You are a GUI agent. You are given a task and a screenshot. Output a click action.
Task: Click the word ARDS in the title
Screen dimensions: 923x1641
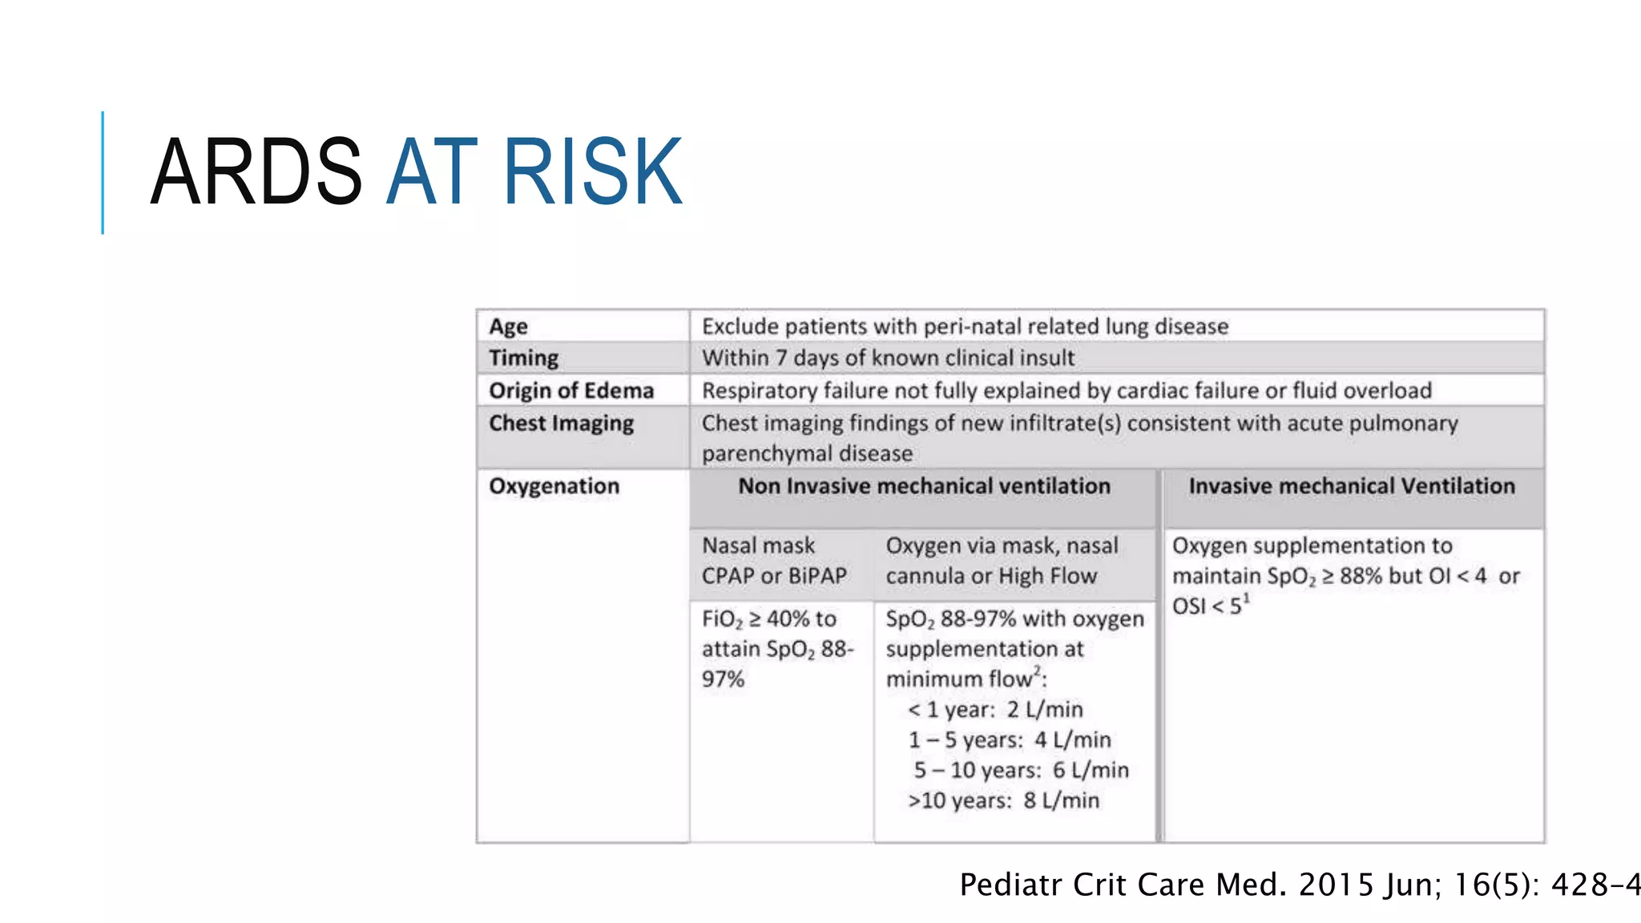pyautogui.click(x=256, y=171)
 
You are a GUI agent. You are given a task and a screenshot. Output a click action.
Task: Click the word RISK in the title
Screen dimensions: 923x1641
pyautogui.click(x=592, y=171)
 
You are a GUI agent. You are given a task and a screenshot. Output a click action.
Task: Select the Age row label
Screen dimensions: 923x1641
pyautogui.click(x=508, y=326)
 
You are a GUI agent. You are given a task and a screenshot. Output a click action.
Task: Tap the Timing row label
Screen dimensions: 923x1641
pyautogui.click(x=523, y=358)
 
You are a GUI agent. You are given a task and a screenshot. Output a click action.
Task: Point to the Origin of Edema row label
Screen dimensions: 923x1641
pyautogui.click(x=571, y=390)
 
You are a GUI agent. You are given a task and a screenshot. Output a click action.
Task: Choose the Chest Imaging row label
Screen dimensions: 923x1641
pyautogui.click(x=561, y=423)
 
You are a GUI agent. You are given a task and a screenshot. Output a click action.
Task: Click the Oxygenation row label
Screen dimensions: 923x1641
pyautogui.click(x=554, y=486)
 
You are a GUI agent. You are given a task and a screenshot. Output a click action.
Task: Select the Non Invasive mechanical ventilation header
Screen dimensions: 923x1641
pyautogui.click(x=924, y=486)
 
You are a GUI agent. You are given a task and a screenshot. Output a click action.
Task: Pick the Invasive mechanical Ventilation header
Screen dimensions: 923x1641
pyautogui.click(x=1352, y=486)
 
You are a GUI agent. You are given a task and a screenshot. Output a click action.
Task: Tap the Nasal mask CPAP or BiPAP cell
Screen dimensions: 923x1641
pyautogui.click(x=774, y=561)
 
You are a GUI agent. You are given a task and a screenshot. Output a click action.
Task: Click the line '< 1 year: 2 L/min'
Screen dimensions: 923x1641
pyautogui.click(x=995, y=710)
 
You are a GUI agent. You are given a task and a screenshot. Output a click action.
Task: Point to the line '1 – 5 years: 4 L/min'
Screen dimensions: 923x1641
pyautogui.click(x=1010, y=740)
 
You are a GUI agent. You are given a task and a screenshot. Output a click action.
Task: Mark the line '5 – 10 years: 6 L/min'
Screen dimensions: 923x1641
pyautogui.click(x=1021, y=770)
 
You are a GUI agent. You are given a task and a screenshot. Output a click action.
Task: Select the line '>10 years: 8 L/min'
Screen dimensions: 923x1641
pyautogui.click(x=1003, y=800)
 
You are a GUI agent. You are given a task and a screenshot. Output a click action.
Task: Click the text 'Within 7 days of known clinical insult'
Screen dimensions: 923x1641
pyautogui.click(x=888, y=358)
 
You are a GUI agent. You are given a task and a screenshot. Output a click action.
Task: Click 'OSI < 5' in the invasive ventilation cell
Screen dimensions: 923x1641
pyautogui.click(x=1208, y=607)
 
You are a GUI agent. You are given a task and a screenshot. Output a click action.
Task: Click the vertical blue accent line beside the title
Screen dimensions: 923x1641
pyautogui.click(x=103, y=172)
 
